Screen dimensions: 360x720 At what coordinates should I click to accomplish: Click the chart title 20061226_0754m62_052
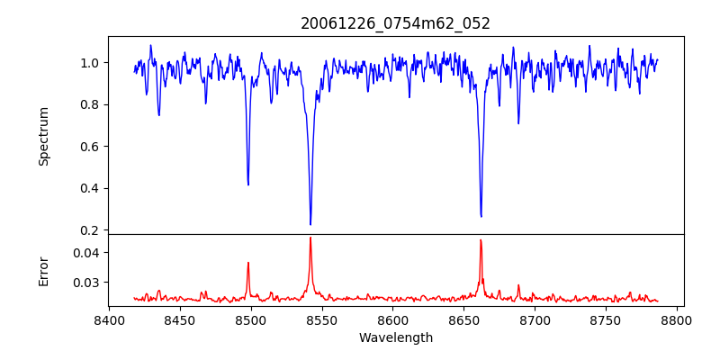395,23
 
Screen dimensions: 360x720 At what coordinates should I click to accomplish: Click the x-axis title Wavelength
395,338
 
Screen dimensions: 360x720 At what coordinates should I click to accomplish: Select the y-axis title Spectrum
43,136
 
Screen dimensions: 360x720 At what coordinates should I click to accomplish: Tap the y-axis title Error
43,270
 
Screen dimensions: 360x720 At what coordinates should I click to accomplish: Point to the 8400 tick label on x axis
109,319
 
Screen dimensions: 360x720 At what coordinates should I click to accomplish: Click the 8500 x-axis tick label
251,319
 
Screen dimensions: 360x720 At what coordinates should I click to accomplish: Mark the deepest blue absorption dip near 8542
310,224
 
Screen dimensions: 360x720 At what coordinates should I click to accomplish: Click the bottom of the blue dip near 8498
248,184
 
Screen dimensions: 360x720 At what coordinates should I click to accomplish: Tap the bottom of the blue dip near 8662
481,216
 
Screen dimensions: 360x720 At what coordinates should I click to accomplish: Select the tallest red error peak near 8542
310,238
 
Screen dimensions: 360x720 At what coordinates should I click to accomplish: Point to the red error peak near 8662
481,240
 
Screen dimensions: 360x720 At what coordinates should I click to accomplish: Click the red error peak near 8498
248,263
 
